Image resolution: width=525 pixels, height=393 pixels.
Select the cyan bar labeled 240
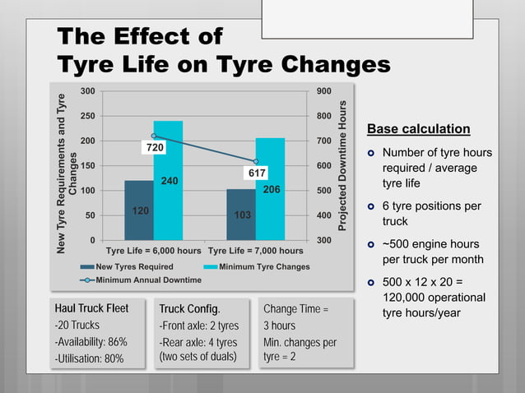coord(168,181)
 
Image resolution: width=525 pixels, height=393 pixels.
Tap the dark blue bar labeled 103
coord(241,215)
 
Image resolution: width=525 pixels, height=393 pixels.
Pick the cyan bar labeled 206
coord(271,189)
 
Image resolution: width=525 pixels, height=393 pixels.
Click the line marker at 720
coord(154,136)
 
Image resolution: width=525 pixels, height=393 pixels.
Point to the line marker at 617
coord(256,162)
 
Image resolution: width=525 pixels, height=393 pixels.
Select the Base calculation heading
coord(418,129)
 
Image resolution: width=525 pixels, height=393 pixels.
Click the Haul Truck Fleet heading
coord(91,308)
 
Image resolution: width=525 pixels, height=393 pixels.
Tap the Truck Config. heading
coord(189,309)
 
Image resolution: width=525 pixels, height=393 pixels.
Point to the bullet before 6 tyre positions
coord(371,206)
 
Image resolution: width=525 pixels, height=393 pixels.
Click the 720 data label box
coord(154,148)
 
